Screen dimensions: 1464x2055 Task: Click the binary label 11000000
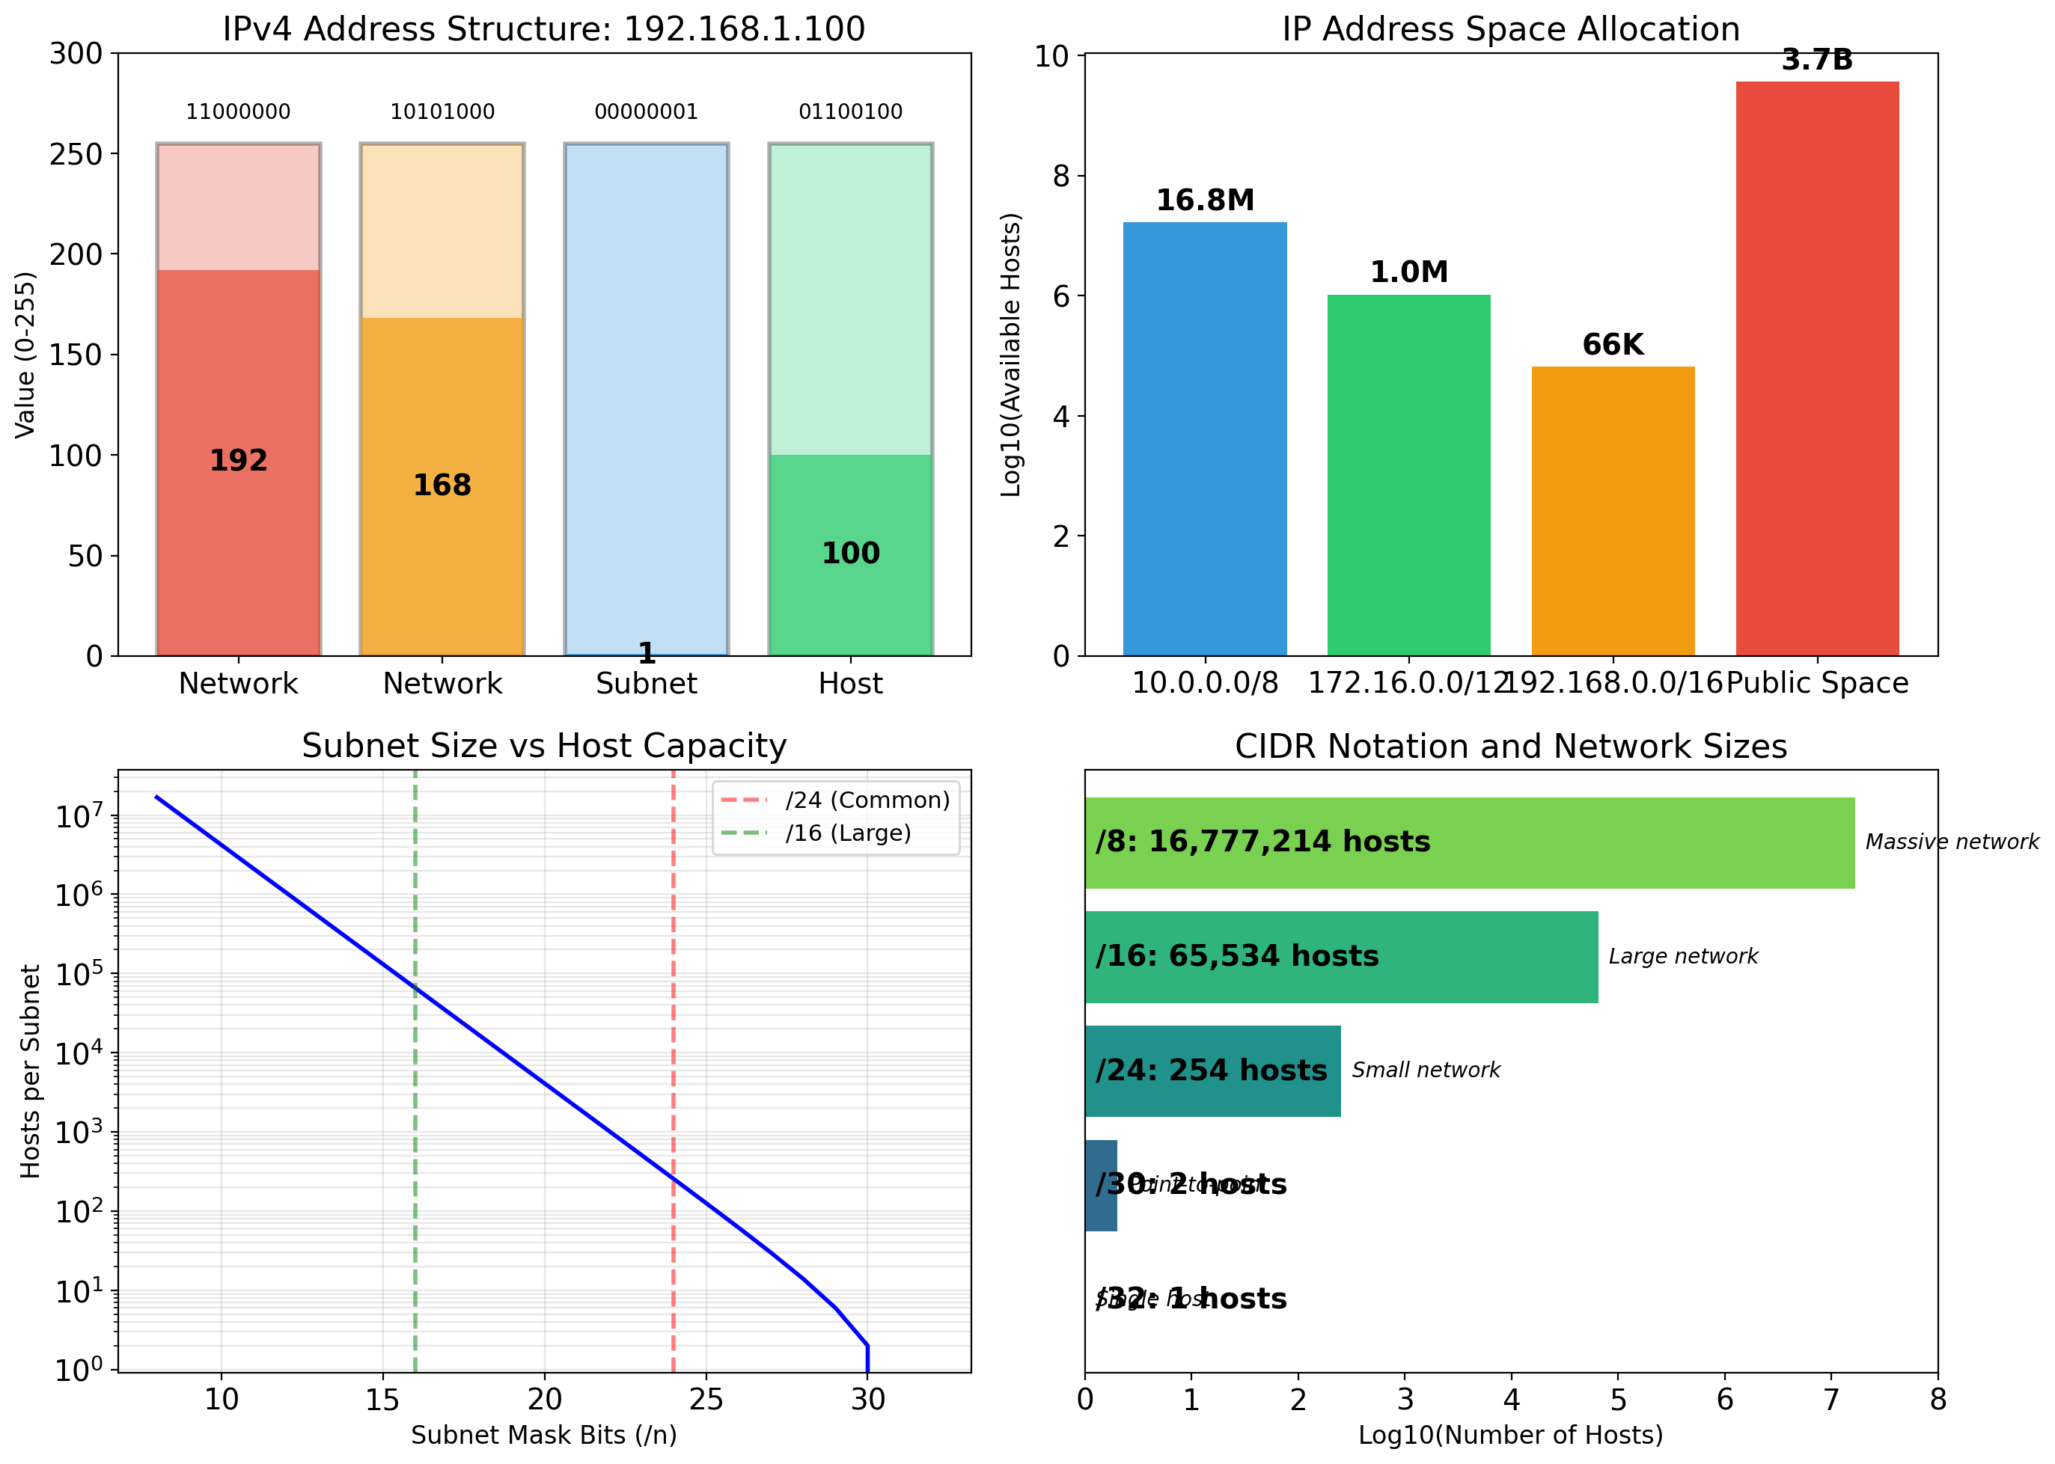tap(238, 111)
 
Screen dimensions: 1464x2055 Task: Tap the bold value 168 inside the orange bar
tap(442, 485)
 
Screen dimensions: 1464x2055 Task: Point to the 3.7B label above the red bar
tap(1816, 61)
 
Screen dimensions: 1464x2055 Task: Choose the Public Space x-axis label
tap(1817, 683)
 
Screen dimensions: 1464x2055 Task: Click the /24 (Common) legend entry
tap(867, 800)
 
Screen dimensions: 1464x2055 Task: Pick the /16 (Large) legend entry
tap(848, 833)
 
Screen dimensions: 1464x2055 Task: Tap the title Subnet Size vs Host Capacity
tap(544, 747)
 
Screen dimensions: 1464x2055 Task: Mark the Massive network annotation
tap(1951, 842)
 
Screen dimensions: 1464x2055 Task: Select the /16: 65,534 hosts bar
tap(1341, 957)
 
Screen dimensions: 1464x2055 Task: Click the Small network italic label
tap(1426, 1070)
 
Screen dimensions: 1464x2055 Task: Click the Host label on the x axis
tap(850, 683)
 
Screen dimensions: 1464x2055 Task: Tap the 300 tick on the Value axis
tap(76, 54)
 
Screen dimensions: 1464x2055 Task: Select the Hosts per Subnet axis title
tap(31, 1071)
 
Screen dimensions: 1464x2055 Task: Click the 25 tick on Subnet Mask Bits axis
tap(706, 1399)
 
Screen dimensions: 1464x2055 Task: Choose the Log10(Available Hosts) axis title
tap(1011, 355)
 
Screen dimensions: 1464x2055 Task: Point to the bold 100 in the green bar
tap(850, 554)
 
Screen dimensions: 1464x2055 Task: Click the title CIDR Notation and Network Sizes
tap(1510, 747)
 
